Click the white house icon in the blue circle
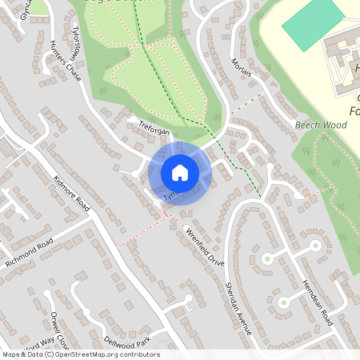click(x=180, y=172)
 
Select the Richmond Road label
click(x=28, y=254)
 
